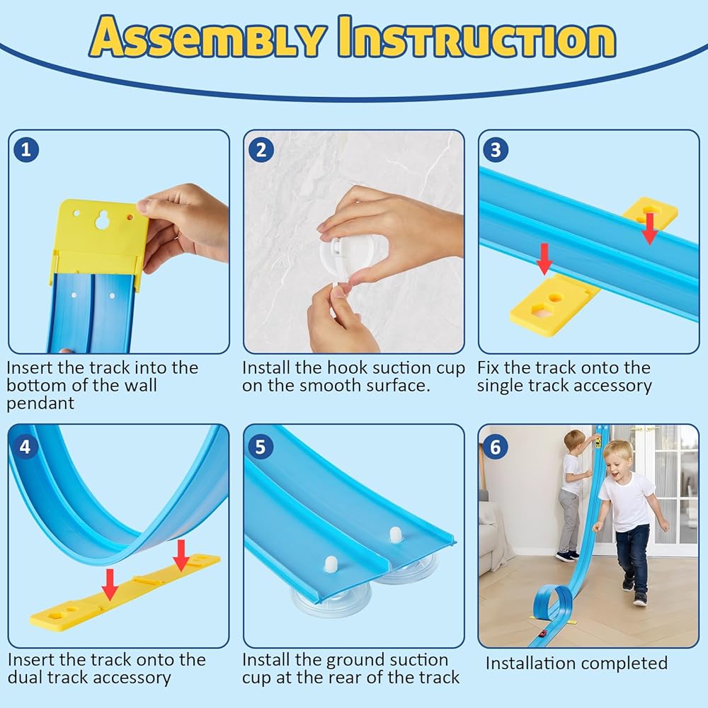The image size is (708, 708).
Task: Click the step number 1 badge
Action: [x=25, y=149]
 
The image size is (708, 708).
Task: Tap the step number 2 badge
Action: [x=261, y=149]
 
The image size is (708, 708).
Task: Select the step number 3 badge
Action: [x=496, y=149]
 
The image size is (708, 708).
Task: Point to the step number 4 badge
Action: [x=25, y=447]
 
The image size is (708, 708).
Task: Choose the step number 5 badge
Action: [x=261, y=447]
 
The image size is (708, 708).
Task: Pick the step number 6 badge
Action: [x=496, y=447]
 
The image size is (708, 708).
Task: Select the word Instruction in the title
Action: [x=476, y=37]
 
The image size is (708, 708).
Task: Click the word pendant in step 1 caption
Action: [x=40, y=404]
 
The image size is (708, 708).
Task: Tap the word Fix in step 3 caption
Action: [x=488, y=367]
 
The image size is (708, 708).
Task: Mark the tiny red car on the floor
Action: [x=542, y=632]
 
